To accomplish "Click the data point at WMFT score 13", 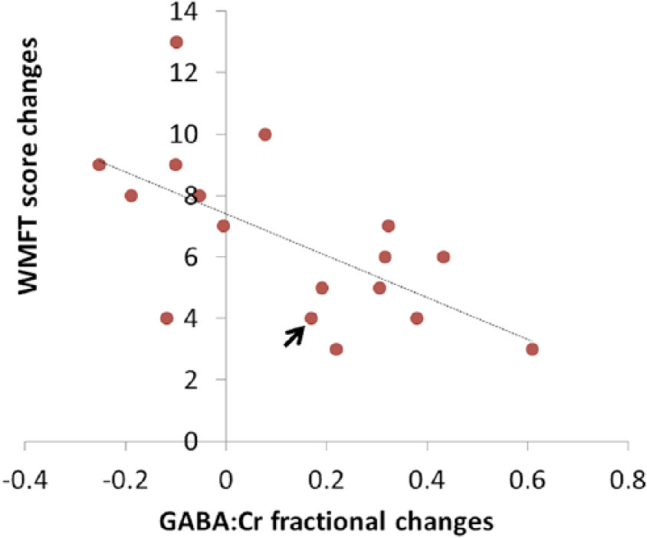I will (176, 42).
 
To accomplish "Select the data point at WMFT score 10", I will (264, 134).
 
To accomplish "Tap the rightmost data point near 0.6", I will (532, 349).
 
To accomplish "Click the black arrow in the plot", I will (293, 336).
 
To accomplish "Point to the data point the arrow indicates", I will (310, 318).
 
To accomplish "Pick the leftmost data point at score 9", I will (99, 165).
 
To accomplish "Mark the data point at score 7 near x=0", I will (223, 226).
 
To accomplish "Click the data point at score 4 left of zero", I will (166, 318).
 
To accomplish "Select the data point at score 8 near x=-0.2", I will (131, 195).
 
